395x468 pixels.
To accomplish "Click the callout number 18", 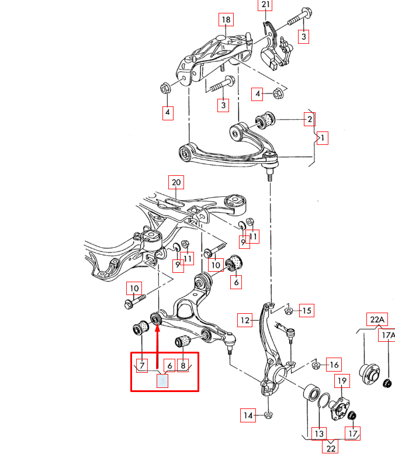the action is click(226, 19).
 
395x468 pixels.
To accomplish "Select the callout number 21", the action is click(265, 5).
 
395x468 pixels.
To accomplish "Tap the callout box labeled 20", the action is click(176, 182).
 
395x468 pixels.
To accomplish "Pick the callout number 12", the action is click(245, 320).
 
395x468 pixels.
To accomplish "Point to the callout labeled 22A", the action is click(377, 320).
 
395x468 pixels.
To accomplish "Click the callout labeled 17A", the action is click(387, 335).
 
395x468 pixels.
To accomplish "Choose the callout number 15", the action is click(307, 311).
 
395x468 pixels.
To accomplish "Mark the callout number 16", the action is click(334, 365).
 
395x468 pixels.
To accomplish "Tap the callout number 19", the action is click(342, 381).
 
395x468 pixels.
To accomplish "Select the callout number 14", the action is click(248, 415).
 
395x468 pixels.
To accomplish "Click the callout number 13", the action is click(319, 434).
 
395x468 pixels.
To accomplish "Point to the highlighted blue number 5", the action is click(162, 381).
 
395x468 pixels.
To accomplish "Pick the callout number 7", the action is click(142, 365).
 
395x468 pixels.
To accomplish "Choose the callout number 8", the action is click(183, 365).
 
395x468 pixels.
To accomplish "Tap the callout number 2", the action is click(310, 119).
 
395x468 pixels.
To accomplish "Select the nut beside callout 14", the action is click(268, 414).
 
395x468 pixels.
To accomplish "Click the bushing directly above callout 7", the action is click(141, 328).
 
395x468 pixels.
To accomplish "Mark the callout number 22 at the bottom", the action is click(330, 448).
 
